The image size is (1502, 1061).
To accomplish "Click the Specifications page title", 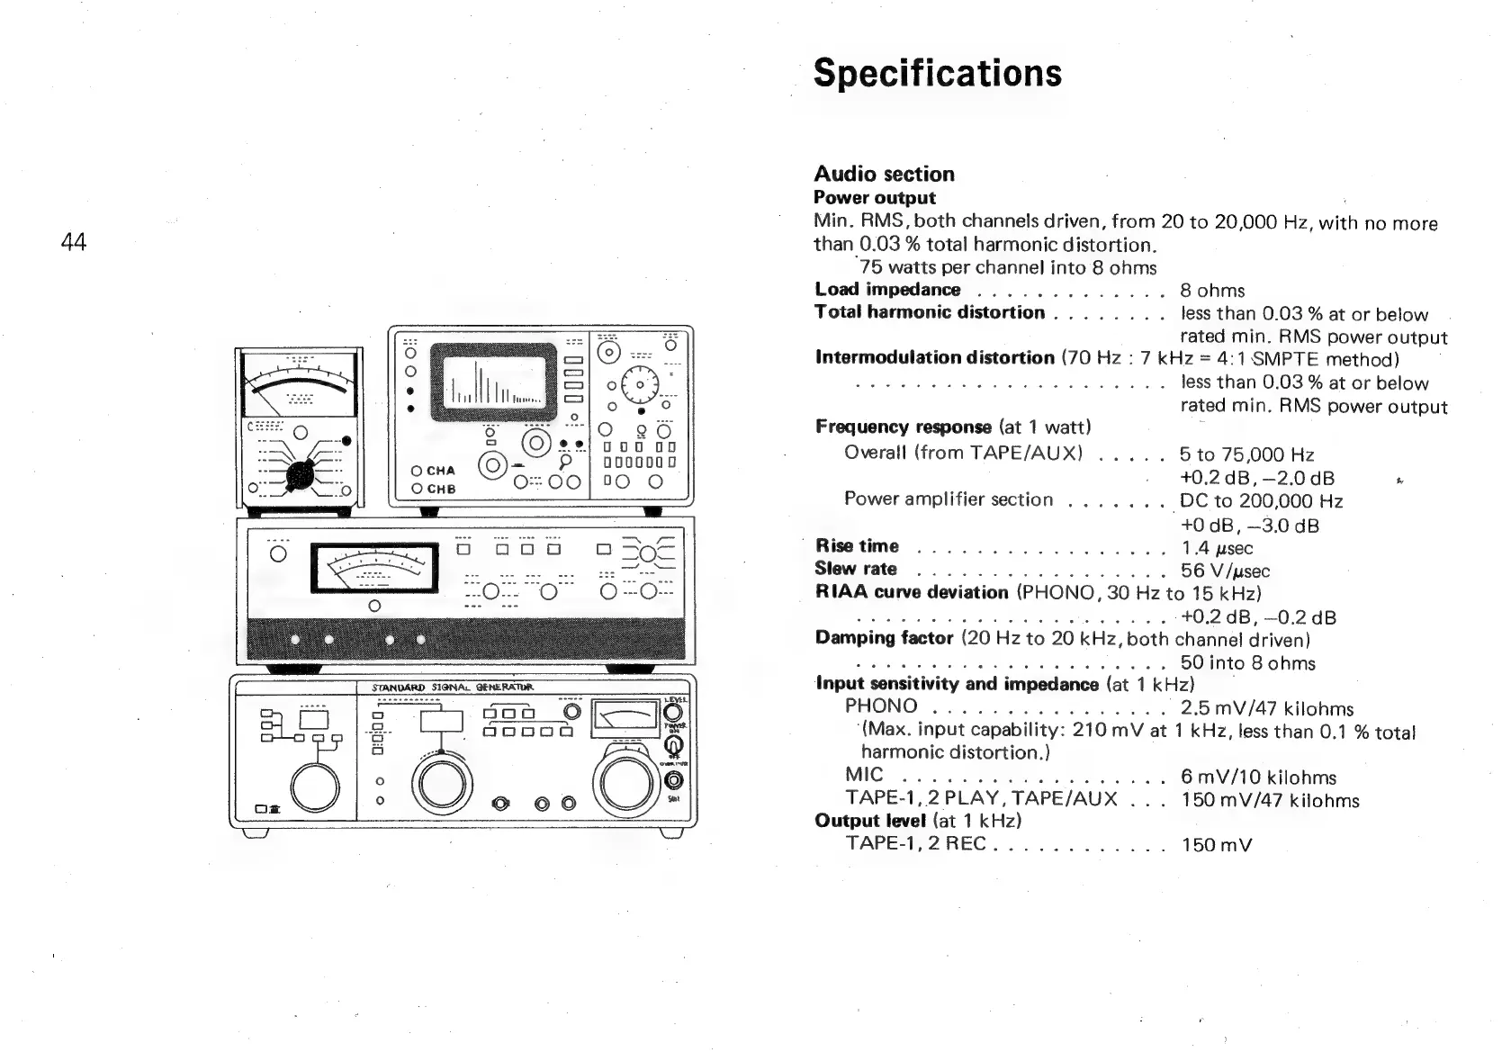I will coord(937,73).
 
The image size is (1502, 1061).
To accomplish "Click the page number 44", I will coord(73,241).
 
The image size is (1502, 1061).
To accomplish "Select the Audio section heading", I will coord(884,174).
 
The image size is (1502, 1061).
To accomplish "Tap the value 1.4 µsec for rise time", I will coord(1217,548).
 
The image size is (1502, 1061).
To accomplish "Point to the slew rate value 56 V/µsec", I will coord(1225,571).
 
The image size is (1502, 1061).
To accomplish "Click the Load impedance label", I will coord(887,290).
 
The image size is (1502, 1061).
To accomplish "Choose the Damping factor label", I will coord(884,638).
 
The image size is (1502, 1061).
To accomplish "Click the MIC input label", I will coord(864,775).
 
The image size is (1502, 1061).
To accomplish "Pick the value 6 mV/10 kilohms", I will coord(1258,777).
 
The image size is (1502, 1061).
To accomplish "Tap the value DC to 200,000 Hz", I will coord(1261,501).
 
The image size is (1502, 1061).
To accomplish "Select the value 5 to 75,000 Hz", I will coord(1246,454).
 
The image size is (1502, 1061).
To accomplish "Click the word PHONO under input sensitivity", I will coord(881,707).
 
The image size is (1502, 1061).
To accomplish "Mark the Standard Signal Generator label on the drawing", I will coord(453,688).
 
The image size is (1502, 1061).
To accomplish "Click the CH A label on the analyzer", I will coord(441,471).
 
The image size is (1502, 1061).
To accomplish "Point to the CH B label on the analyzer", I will coord(441,490).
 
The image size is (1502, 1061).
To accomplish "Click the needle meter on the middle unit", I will coord(374,571).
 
